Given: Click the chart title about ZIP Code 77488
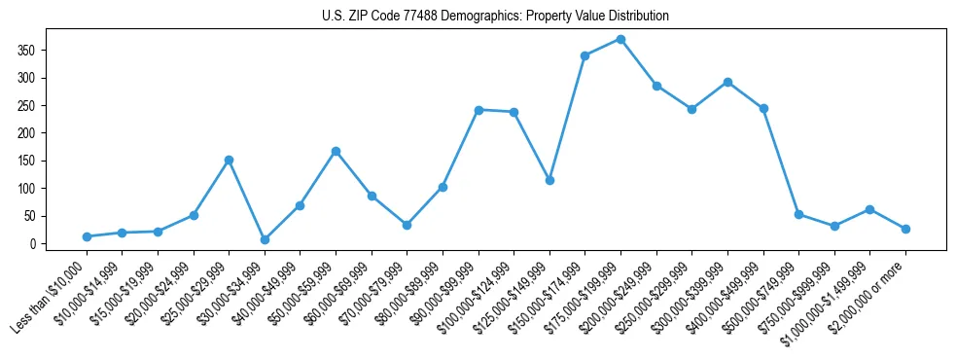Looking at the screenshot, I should (x=495, y=16).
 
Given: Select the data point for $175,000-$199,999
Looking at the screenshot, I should (x=620, y=39).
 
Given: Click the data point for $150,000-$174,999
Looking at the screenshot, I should (x=584, y=55).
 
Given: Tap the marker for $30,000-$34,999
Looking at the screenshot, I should (x=265, y=239).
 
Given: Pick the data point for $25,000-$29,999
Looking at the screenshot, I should (x=229, y=160).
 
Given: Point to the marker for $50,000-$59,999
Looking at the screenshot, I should (x=336, y=151).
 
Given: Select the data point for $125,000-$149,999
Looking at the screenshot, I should (x=549, y=180).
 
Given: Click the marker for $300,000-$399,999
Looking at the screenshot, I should (x=727, y=82).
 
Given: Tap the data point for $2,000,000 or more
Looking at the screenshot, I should (x=905, y=229).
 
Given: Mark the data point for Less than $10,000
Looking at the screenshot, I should (x=87, y=236).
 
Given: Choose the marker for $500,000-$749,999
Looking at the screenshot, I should (x=798, y=214).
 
